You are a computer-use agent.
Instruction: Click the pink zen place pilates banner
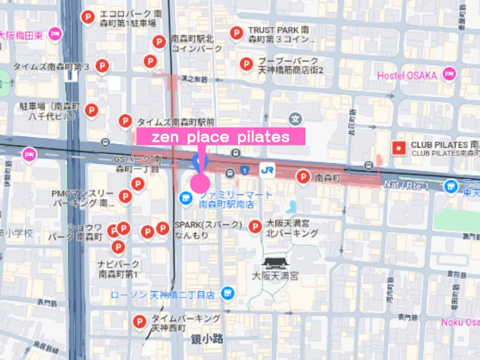221,137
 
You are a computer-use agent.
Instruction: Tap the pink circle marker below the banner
200,183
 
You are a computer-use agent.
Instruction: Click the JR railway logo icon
267,170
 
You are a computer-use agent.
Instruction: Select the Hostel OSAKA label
407,75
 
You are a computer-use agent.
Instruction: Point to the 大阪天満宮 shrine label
275,276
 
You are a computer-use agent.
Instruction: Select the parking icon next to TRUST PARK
236,33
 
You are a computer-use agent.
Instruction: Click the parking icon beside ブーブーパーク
246,64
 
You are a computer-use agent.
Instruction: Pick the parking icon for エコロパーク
88,18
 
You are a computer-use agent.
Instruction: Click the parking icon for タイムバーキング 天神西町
139,322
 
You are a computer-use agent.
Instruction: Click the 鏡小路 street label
207,339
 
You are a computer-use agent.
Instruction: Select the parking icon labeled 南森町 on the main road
303,177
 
